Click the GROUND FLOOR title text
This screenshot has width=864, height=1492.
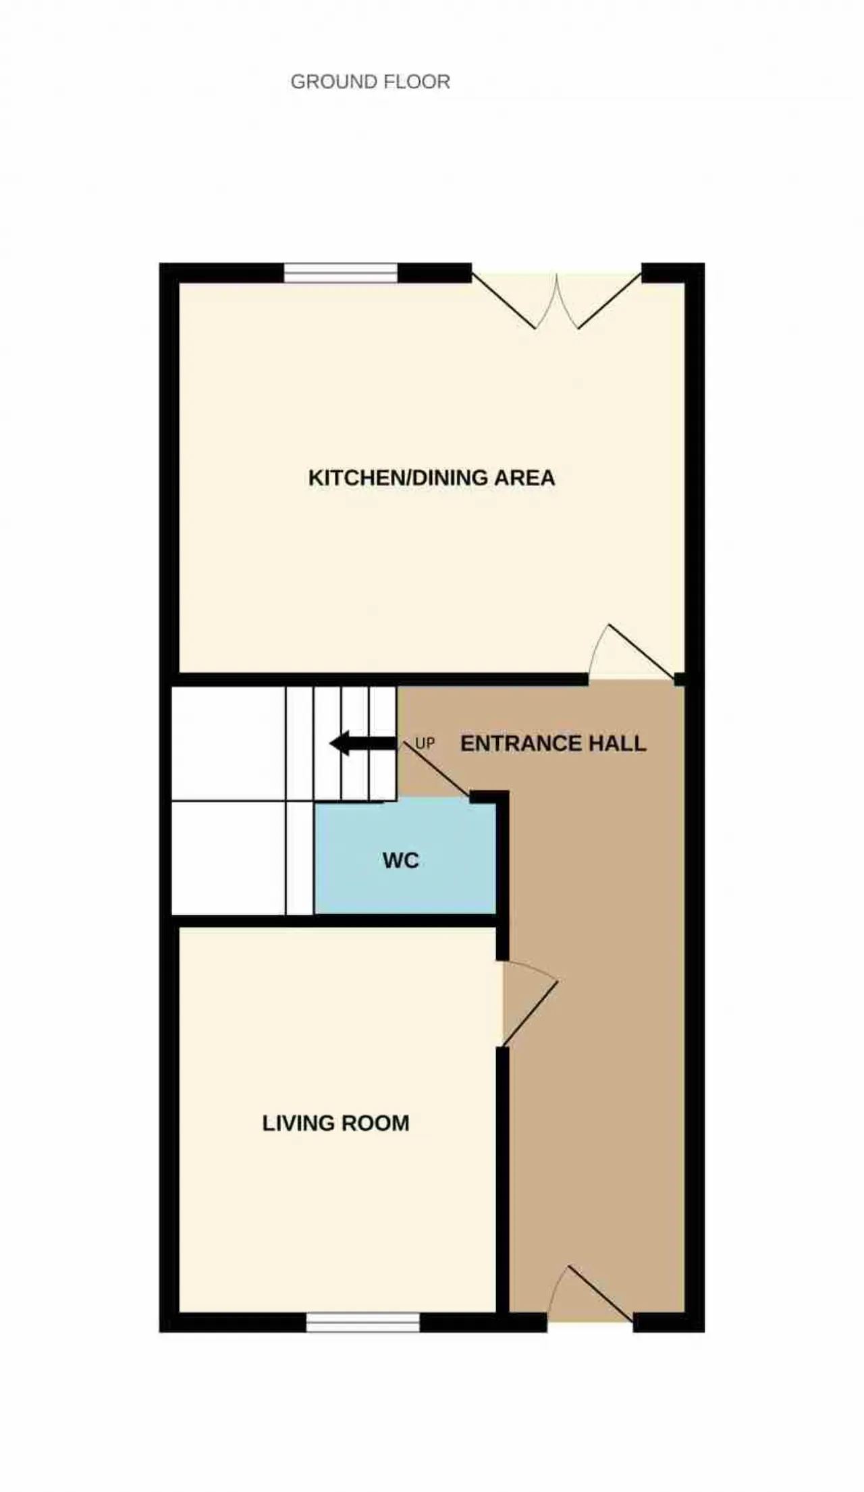370,82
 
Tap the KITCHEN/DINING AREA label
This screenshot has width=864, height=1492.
431,478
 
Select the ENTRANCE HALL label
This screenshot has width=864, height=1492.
553,743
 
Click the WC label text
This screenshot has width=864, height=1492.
401,860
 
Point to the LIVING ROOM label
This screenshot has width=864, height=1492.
335,1123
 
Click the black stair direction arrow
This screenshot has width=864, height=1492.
362,743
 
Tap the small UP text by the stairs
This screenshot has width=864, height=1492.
425,743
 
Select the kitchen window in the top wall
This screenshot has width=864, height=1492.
341,273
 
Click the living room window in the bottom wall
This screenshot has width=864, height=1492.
363,1322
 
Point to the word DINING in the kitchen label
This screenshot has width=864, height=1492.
451,478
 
